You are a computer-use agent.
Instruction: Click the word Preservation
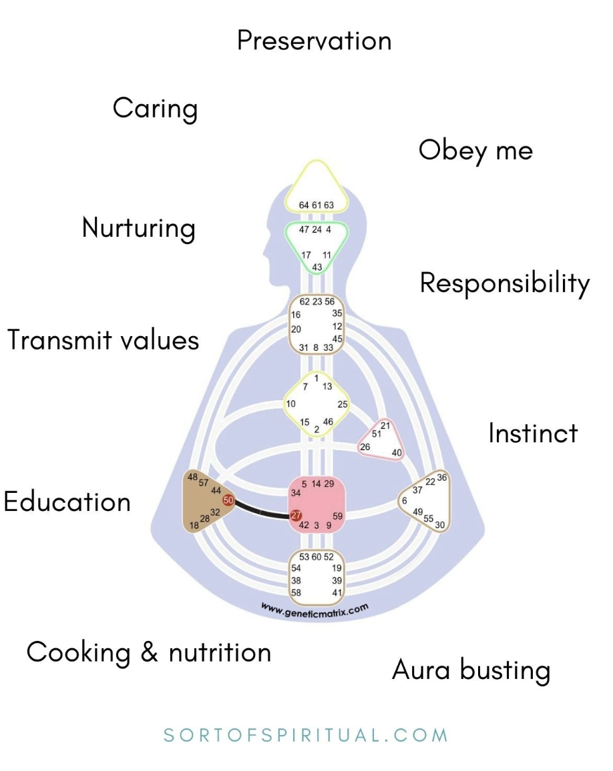pyautogui.click(x=314, y=41)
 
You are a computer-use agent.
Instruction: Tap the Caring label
pyautogui.click(x=155, y=109)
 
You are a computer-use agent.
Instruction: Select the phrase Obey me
pyautogui.click(x=475, y=151)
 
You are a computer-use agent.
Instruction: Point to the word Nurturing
pyautogui.click(x=138, y=229)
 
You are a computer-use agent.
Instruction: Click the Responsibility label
pyautogui.click(x=504, y=284)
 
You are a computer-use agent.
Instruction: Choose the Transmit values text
pyautogui.click(x=104, y=340)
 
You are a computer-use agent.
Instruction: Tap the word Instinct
pyautogui.click(x=533, y=434)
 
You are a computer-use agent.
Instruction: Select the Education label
pyautogui.click(x=67, y=502)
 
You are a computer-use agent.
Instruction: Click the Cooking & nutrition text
pyautogui.click(x=149, y=652)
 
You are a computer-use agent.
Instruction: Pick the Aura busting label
pyautogui.click(x=471, y=670)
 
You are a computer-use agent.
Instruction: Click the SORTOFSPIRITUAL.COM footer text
pyautogui.click(x=306, y=736)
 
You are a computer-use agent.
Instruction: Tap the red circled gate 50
pyautogui.click(x=228, y=500)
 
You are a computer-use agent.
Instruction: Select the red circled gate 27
pyautogui.click(x=296, y=515)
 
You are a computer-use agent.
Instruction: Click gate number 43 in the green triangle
pyautogui.click(x=317, y=267)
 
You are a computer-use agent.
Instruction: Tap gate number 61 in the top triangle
pyautogui.click(x=317, y=205)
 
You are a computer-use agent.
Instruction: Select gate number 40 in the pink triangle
pyautogui.click(x=397, y=453)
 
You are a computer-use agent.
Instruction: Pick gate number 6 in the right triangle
pyautogui.click(x=404, y=500)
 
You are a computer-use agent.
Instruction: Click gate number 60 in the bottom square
pyautogui.click(x=317, y=556)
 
